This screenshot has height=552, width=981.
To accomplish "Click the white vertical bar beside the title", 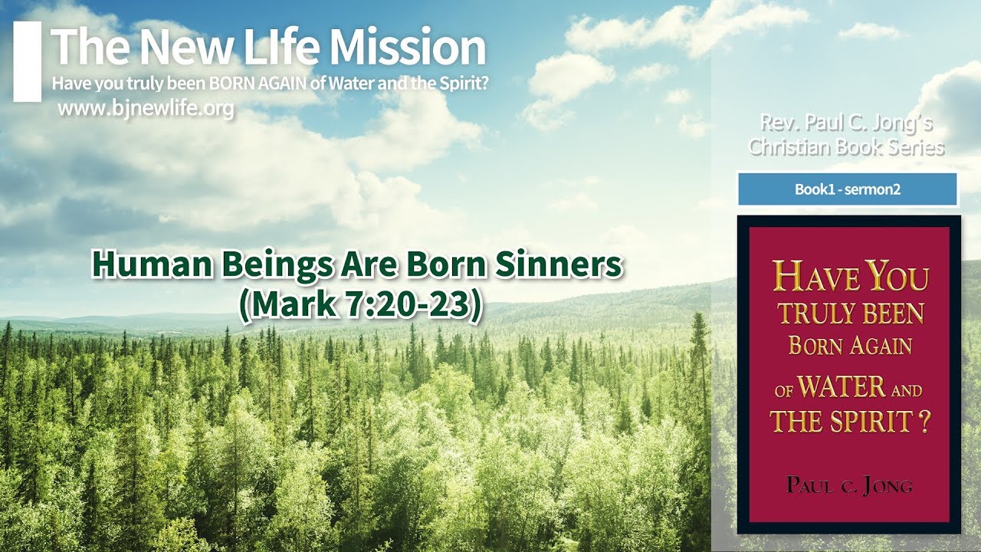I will click(27, 61).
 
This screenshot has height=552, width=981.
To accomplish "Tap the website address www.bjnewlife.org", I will click(146, 109).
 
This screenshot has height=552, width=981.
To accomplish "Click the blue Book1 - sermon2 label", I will click(847, 189).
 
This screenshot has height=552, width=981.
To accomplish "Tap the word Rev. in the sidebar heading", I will click(775, 122).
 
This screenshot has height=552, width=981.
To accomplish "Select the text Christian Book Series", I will click(846, 146).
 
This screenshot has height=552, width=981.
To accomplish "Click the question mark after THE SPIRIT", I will click(924, 422).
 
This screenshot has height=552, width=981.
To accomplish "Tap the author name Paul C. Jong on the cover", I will click(848, 485).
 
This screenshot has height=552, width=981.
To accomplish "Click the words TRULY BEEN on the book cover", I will click(851, 314).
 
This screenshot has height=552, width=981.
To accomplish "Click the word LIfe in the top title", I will click(272, 47).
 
